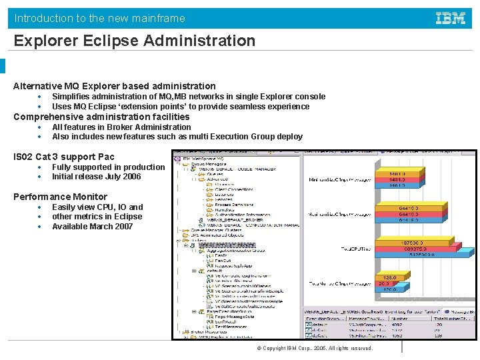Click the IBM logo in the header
tap(451, 18)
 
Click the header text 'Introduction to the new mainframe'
tap(100, 19)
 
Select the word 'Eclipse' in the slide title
tap(109, 41)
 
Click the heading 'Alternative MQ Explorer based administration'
tap(115, 86)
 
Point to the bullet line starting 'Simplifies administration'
tap(189, 97)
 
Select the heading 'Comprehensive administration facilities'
tap(101, 117)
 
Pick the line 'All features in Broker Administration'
tap(121, 127)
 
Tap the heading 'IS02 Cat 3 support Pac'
tap(64, 157)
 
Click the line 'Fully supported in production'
tap(108, 167)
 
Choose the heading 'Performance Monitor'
tap(60, 197)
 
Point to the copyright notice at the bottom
tap(315, 349)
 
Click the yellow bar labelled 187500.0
tap(407, 243)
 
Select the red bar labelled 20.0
tap(384, 283)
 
